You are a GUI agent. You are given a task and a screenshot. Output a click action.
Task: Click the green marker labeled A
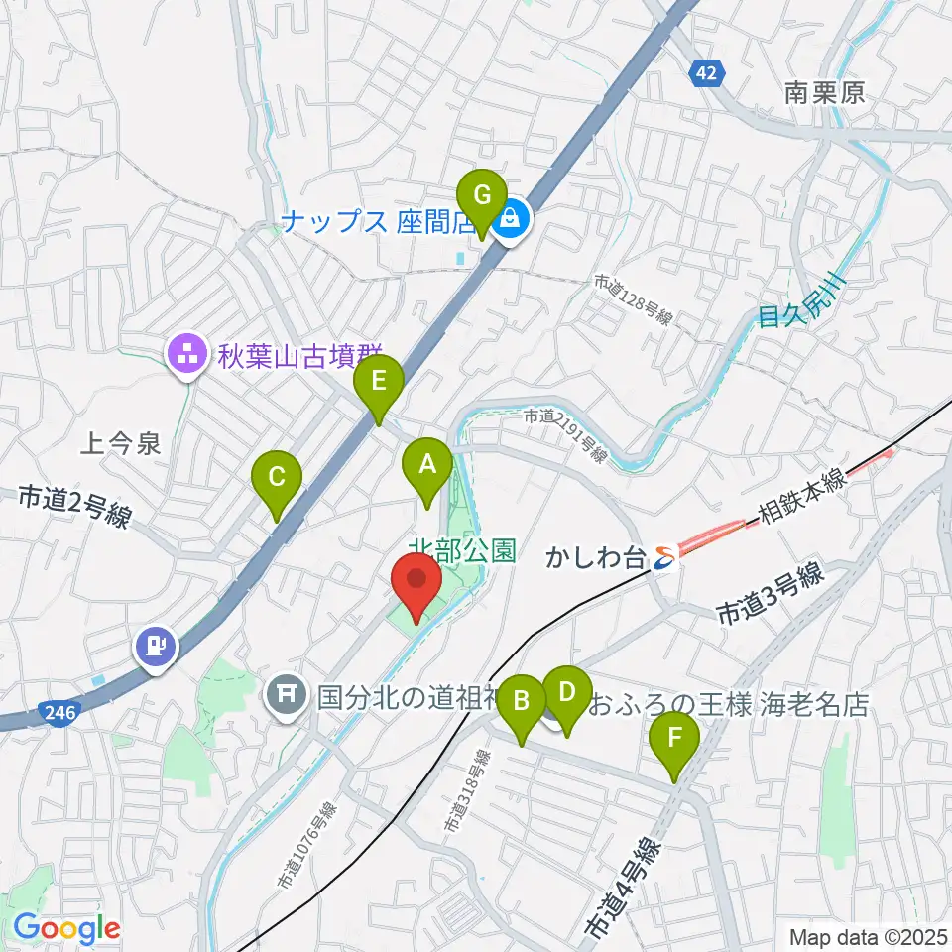pos(427,465)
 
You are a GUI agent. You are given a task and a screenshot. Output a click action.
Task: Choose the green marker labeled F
pos(675,739)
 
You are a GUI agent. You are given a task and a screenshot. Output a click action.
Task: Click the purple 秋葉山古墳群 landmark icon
pos(186,351)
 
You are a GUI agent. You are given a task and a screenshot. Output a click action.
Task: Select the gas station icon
pos(156,647)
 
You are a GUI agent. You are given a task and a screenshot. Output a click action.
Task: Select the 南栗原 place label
pos(824,93)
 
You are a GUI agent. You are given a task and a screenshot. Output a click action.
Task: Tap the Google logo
pos(66,929)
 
